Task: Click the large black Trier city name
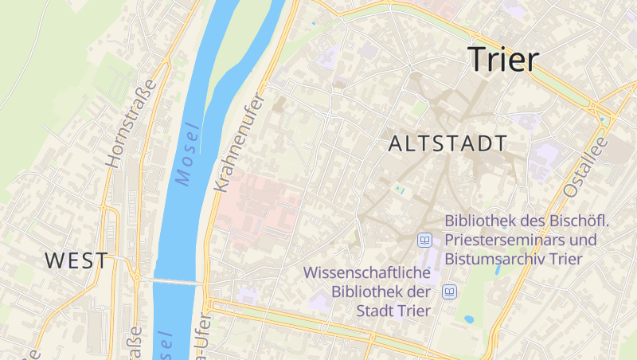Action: [503, 59]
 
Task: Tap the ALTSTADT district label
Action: [448, 144]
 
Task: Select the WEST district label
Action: [76, 260]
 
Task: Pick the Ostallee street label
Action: [585, 166]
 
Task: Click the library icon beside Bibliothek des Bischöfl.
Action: [425, 240]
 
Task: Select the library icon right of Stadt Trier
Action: [450, 292]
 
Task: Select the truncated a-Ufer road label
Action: [200, 335]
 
